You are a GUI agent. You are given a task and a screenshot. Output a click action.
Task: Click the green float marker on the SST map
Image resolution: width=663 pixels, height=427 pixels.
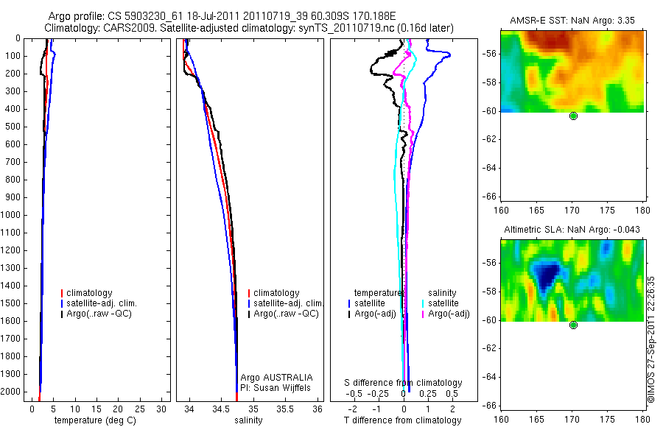573,116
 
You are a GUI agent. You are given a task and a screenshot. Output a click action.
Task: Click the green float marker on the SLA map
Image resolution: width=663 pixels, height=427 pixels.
573,325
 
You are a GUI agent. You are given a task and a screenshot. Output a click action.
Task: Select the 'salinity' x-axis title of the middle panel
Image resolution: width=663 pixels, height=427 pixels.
248,420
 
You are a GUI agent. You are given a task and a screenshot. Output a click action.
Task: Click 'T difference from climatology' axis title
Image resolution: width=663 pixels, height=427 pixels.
403,420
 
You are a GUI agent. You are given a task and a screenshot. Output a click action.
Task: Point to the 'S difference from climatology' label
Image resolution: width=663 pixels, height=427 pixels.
404,383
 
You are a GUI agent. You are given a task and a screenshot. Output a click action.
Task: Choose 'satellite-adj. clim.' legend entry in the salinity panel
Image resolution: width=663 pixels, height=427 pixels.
287,303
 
